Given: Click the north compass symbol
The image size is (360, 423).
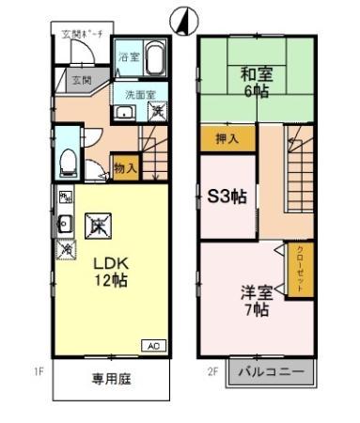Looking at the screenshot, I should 182,19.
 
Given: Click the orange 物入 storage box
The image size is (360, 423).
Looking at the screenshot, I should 126,168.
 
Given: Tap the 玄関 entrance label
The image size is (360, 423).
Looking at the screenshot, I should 82,81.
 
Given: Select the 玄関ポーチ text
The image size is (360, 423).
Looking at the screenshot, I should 83,35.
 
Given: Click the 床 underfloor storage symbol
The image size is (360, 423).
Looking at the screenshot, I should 98,226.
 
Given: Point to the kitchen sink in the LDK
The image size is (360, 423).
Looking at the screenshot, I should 65,223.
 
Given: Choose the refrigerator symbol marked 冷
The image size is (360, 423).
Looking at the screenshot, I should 66,250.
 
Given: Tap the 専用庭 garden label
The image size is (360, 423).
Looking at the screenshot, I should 110,380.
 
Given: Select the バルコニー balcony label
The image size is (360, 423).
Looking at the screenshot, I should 271,373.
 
